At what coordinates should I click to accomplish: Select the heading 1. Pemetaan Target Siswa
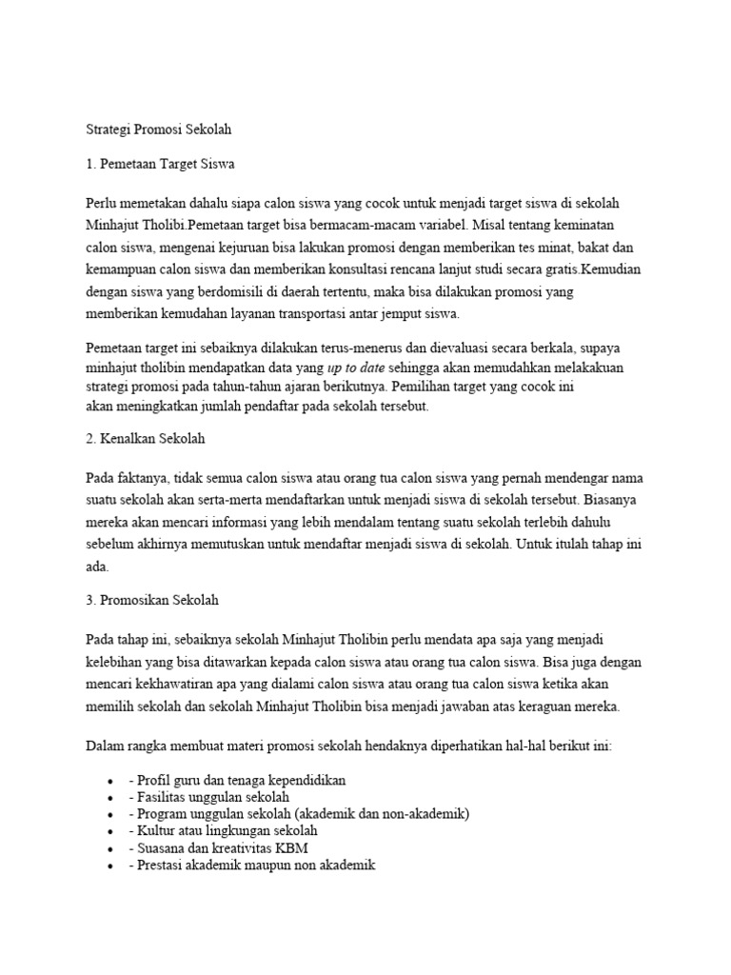[x=160, y=164]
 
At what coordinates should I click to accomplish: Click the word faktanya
[x=144, y=477]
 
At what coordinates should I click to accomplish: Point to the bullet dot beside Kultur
[x=112, y=831]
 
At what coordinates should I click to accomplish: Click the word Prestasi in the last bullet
[x=163, y=866]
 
